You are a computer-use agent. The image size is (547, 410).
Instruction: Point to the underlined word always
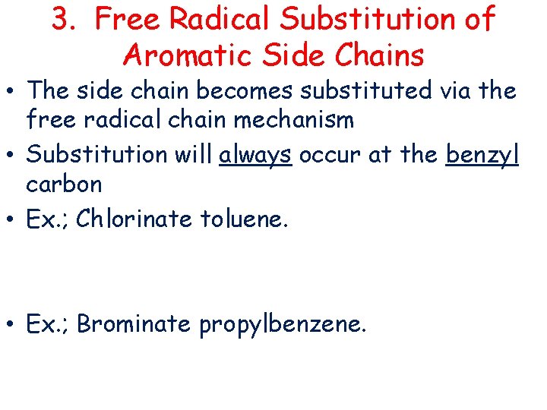tap(255, 154)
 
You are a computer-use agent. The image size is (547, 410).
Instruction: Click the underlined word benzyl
tap(482, 154)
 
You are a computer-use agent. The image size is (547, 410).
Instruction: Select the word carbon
tap(64, 184)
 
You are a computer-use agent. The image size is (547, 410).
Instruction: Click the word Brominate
tap(134, 324)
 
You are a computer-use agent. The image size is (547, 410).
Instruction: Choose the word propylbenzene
tap(283, 325)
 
